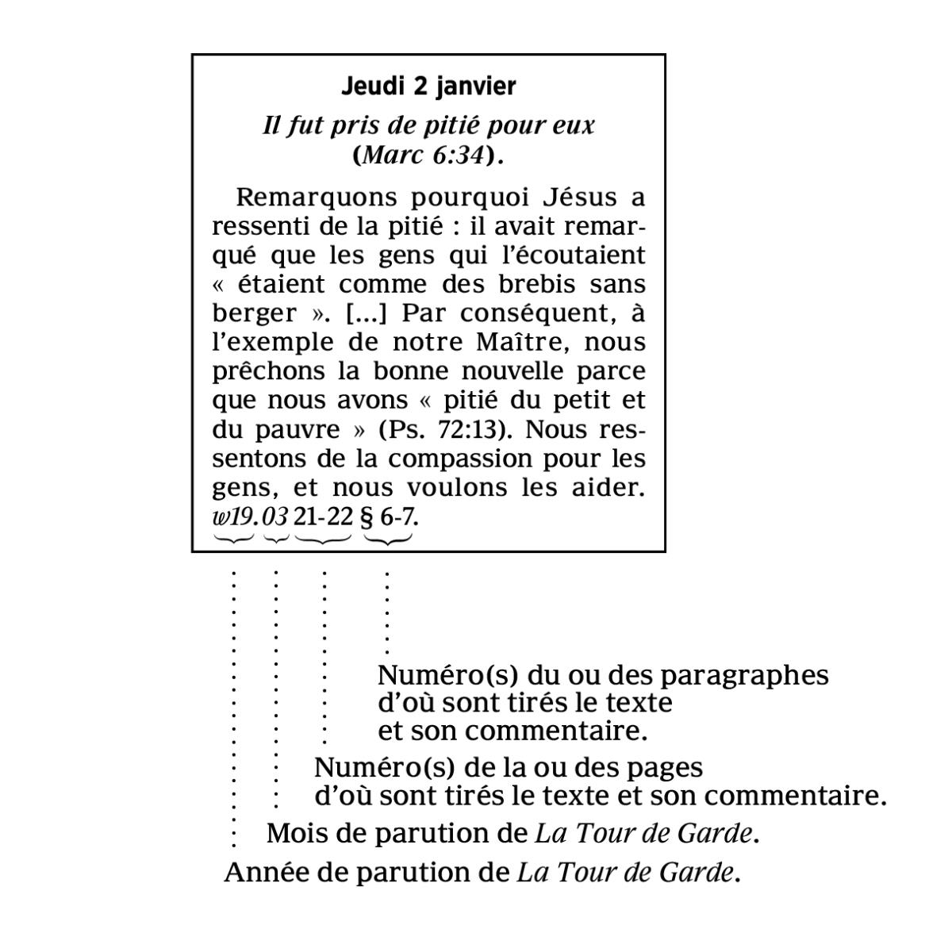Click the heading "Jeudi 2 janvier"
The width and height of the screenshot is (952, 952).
428,86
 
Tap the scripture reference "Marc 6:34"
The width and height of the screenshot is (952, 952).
422,155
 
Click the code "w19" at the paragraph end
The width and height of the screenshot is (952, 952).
233,517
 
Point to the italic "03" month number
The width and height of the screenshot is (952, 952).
274,517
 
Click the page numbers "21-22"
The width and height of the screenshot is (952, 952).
322,517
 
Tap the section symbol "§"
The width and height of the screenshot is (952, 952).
367,517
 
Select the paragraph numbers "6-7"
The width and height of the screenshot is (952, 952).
397,517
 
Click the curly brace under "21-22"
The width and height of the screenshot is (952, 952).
323,539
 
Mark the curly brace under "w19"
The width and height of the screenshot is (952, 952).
233,539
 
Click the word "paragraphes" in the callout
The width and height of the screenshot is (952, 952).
744,676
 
